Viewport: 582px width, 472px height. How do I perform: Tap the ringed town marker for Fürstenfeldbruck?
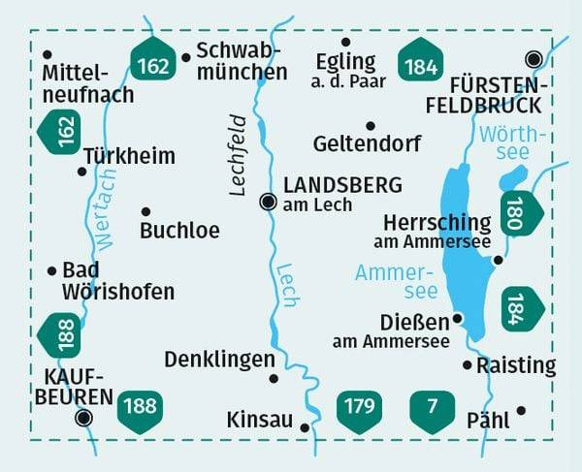(533, 58)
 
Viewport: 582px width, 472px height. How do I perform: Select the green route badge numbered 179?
(358, 406)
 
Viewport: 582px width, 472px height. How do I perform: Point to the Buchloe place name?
(179, 231)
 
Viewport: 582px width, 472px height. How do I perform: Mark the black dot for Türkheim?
(81, 172)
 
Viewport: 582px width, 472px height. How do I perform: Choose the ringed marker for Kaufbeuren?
(84, 418)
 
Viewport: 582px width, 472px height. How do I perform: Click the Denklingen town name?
(219, 360)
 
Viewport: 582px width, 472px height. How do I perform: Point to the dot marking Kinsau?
(305, 426)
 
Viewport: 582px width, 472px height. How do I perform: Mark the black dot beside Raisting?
(468, 365)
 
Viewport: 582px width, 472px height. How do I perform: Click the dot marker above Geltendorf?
(370, 125)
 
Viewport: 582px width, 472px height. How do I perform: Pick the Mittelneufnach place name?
(88, 83)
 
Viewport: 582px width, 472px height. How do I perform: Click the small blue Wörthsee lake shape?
(512, 177)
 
